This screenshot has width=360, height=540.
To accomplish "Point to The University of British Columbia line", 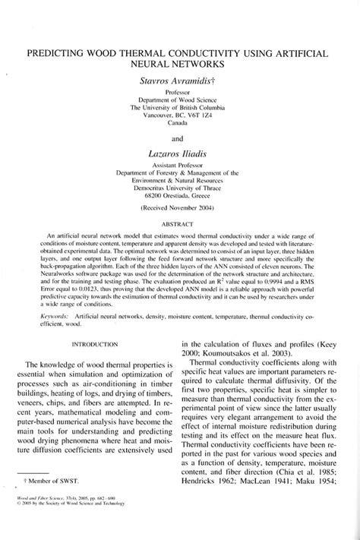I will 181,106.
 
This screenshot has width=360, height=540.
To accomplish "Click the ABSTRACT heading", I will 181,224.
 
